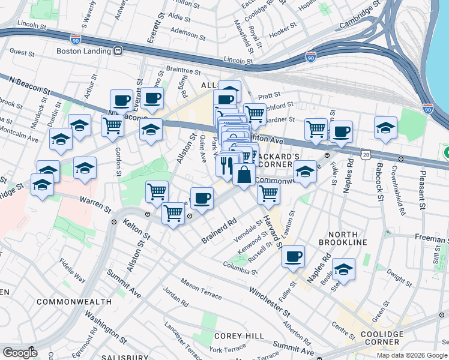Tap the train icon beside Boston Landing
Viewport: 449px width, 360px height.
[118, 51]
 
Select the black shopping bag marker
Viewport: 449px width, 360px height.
[244, 176]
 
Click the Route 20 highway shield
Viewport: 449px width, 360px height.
[366, 154]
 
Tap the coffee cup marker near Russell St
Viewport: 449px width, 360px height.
[293, 256]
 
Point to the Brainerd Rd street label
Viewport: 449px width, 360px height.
[220, 230]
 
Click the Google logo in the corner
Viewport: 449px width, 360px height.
[20, 353]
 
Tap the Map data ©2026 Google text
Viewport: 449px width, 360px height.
[411, 355]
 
